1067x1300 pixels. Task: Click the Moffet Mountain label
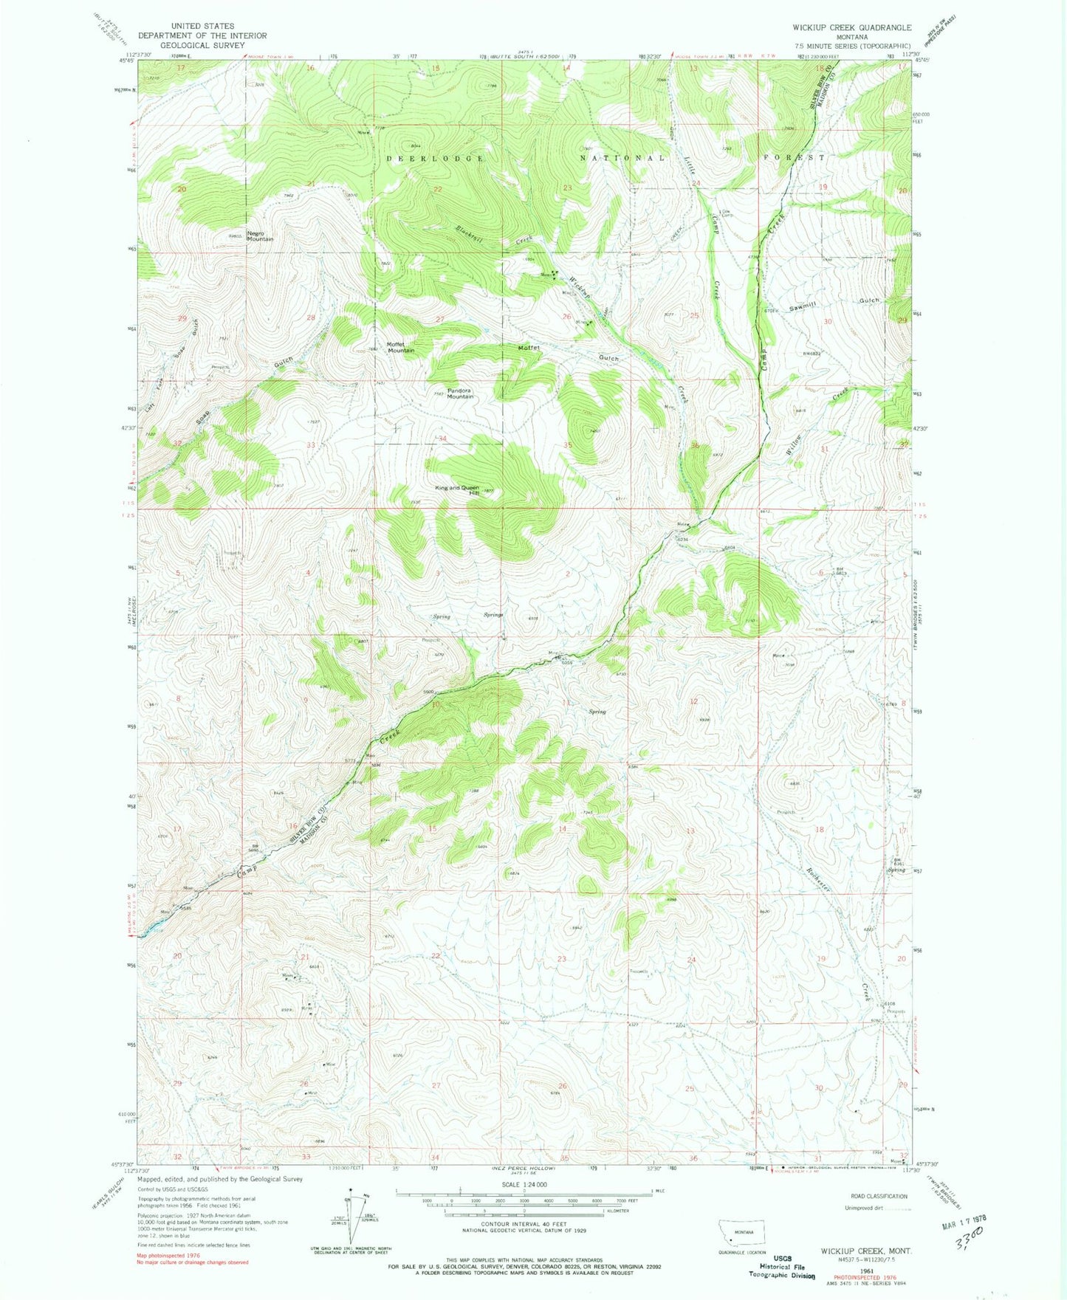400,347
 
